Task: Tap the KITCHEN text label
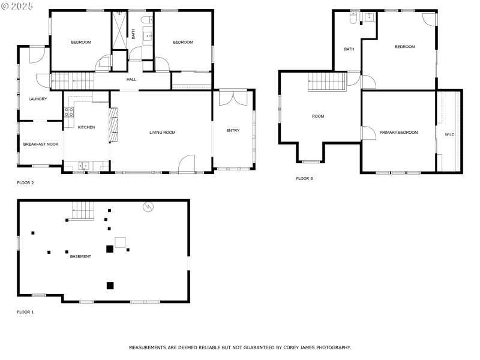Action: click(x=86, y=127)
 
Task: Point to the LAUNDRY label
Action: click(x=38, y=99)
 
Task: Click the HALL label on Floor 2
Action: click(x=131, y=79)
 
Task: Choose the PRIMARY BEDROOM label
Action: click(x=398, y=132)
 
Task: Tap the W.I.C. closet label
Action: click(x=450, y=135)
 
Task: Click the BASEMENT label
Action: click(x=80, y=256)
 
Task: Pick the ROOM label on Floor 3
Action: click(x=317, y=116)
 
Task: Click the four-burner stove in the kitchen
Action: click(x=68, y=111)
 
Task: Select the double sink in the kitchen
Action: click(x=83, y=166)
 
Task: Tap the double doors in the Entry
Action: click(x=229, y=98)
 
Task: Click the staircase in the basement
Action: click(x=83, y=211)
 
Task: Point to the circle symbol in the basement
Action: click(x=148, y=207)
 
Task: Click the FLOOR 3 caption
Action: click(x=305, y=178)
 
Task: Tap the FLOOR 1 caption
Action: click(x=25, y=312)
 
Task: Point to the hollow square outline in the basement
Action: click(x=120, y=242)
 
